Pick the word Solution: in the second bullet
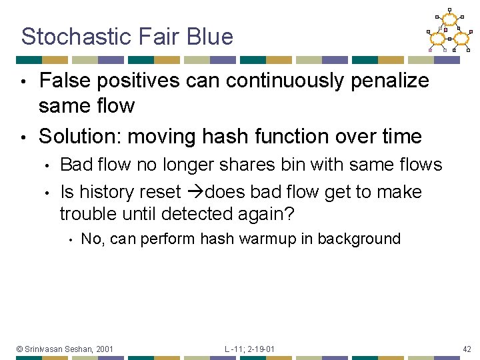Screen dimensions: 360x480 pyautogui.click(x=80, y=137)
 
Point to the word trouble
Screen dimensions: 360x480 pyautogui.click(x=89, y=215)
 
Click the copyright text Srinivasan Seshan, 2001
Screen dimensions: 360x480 pyautogui.click(x=65, y=349)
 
